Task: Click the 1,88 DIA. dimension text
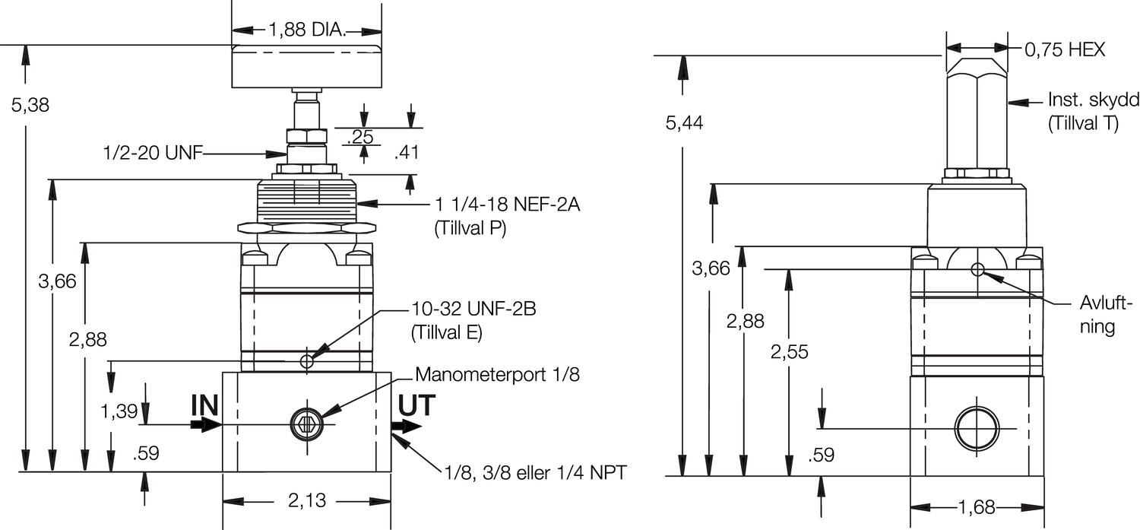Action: point(306,30)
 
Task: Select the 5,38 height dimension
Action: point(30,105)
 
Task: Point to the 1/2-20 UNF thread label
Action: point(153,154)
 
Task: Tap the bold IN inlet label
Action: point(204,406)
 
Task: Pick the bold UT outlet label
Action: point(417,406)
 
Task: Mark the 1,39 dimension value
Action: point(119,411)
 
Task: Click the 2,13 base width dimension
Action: point(306,500)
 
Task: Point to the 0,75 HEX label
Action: point(1065,50)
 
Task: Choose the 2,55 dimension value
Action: point(789,352)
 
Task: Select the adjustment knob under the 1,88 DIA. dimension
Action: point(306,67)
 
